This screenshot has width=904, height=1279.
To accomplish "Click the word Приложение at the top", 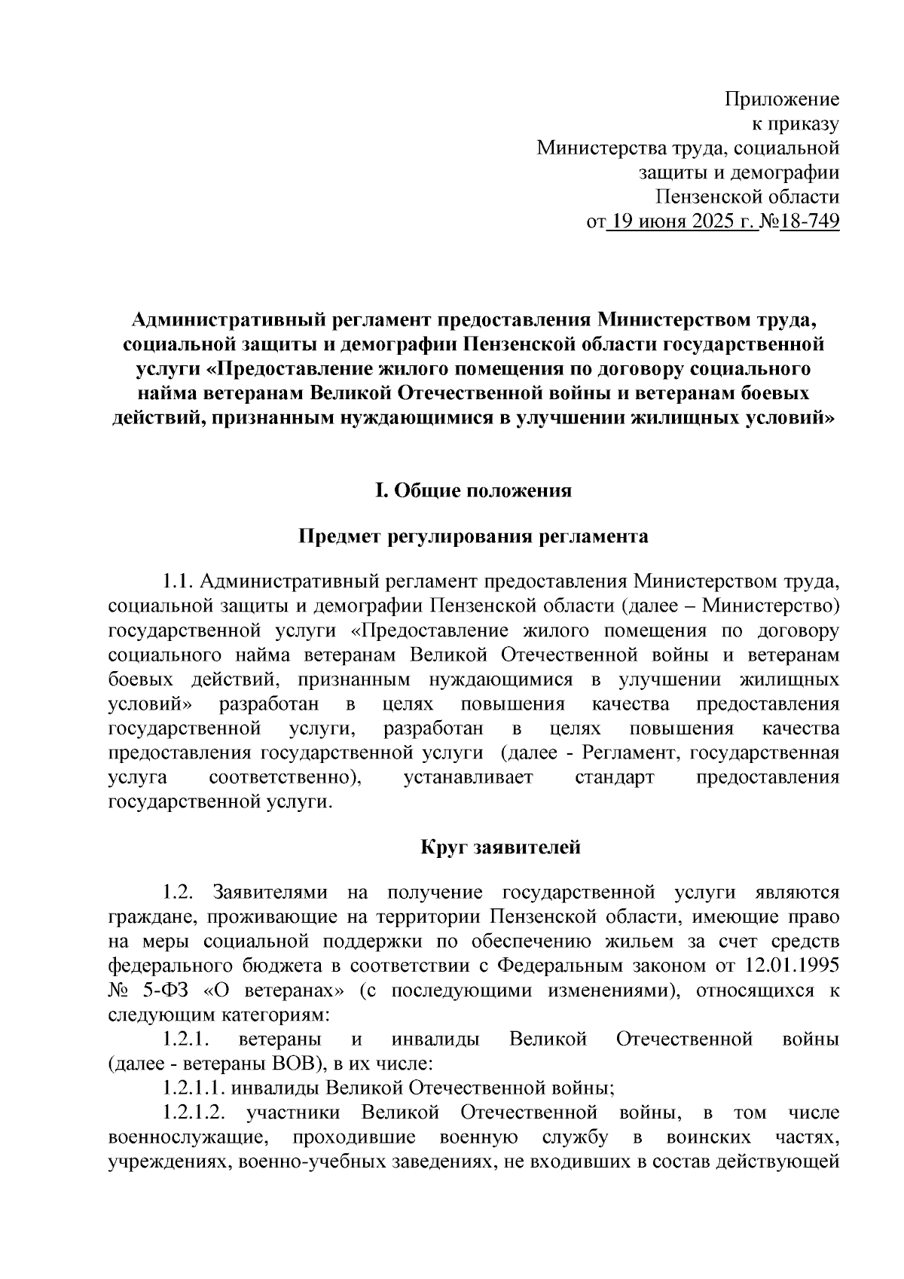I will click(x=781, y=99).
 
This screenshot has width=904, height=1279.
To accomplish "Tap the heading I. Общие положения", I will click(x=473, y=491).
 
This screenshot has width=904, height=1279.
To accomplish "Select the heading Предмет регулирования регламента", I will click(x=473, y=536).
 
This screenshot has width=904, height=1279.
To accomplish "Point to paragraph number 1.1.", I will click(x=179, y=582).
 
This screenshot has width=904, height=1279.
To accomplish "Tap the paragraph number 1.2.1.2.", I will click(x=192, y=1113).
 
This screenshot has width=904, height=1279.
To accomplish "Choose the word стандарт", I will click(x=615, y=778).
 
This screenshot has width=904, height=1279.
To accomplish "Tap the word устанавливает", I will click(x=468, y=778).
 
